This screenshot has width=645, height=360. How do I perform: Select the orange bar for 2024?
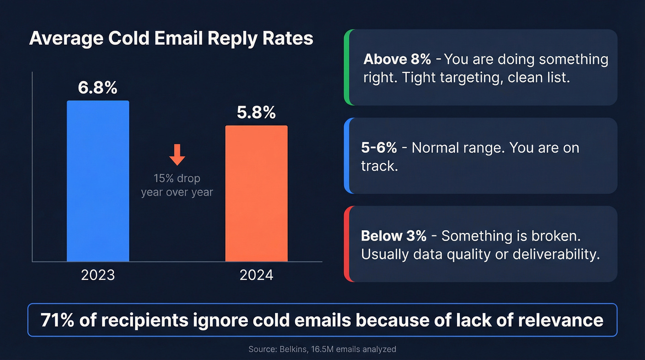[x=256, y=194]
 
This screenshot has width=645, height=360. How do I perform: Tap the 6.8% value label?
[x=98, y=88]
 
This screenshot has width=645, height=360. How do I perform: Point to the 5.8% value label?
[x=256, y=112]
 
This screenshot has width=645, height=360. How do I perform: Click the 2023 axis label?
[x=98, y=275]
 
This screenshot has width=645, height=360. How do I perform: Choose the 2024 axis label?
[x=256, y=275]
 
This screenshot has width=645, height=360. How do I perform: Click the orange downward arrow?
[x=177, y=154]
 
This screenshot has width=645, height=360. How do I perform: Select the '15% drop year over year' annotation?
[x=177, y=185]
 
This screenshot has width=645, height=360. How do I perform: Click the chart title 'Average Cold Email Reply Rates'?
[x=171, y=39]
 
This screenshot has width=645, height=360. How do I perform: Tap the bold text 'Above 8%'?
[x=397, y=59]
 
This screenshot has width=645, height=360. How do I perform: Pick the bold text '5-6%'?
[x=379, y=148]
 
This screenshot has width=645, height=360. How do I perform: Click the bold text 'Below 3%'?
[x=394, y=236]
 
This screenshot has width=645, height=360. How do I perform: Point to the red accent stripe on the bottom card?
[x=347, y=244]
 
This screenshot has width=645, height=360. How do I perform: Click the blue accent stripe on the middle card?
[x=347, y=155]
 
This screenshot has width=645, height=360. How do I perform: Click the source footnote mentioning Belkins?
[x=322, y=349]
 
